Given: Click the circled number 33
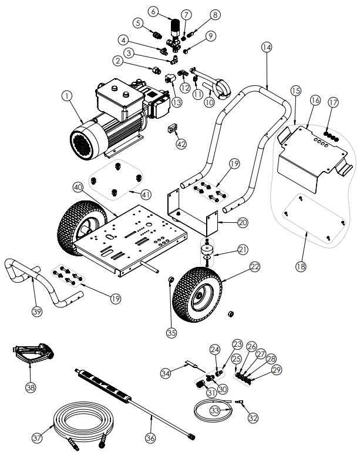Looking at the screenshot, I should [x=216, y=410].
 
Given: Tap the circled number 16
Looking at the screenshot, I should [x=315, y=101].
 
